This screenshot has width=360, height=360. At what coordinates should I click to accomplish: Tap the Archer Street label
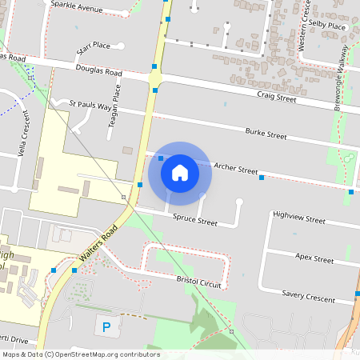tap(237, 169)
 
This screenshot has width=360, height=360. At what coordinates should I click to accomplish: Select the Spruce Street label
tap(196, 220)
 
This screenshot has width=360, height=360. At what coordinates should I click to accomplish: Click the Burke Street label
tap(266, 134)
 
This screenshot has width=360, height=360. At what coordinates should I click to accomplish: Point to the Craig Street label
tap(277, 98)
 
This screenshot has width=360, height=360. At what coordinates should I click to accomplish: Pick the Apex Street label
tap(314, 259)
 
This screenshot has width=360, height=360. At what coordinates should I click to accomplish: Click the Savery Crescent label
tap(309, 296)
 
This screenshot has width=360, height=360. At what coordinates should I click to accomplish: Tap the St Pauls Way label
tap(90, 105)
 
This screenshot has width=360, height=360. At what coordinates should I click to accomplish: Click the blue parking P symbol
tap(106, 326)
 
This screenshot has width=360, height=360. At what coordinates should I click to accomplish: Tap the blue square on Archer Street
tap(262, 178)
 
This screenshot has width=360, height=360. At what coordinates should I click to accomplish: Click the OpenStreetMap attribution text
tap(81, 354)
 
